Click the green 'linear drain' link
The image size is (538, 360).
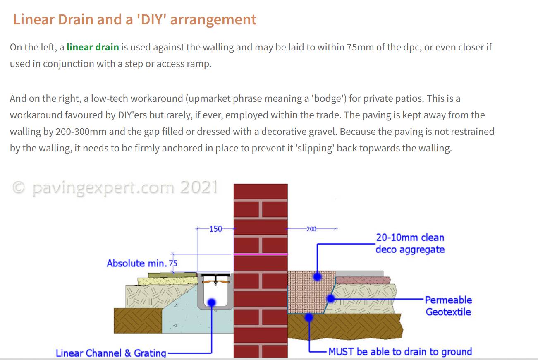[93, 47]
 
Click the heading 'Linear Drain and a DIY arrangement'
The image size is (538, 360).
[135, 19]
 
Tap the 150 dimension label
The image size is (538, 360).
[216, 229]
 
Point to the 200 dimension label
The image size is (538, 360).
[311, 229]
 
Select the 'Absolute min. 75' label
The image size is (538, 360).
[142, 264]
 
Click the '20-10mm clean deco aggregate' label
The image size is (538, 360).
[410, 243]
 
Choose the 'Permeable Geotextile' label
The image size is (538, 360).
[448, 306]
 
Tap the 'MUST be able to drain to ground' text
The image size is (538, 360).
[400, 352]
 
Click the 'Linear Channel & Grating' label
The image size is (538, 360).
[111, 353]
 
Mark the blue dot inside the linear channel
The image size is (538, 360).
[211, 302]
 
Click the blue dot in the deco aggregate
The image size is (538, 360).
[318, 277]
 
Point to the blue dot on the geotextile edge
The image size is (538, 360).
[331, 299]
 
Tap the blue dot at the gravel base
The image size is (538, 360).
[309, 317]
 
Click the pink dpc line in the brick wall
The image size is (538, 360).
[261, 254]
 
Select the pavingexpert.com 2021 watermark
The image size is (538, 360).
[115, 187]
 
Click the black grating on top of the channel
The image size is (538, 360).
[215, 275]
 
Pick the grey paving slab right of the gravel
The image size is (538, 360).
[359, 274]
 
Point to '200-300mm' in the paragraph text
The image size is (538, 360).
[81, 132]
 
